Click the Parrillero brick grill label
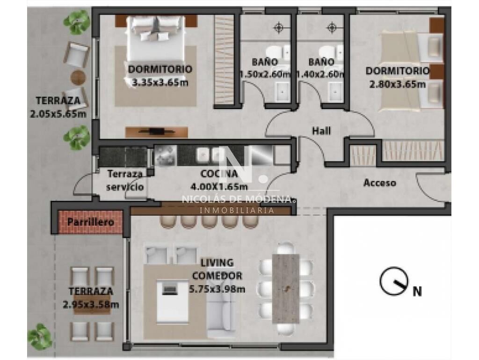pos(90,222)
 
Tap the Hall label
pos(321,131)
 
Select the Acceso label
pos(380,183)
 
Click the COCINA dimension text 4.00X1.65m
pos(219,186)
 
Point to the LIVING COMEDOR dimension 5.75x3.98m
pos(217,289)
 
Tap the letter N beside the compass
pos(417,291)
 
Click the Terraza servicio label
pos(125,180)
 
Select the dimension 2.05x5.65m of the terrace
pos(58,114)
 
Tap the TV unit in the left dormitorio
pos(156,132)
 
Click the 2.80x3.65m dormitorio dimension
pos(398,84)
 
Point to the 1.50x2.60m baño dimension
pos(265,74)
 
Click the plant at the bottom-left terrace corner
pos(40,337)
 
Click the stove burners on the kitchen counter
pos(165,155)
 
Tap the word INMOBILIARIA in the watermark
pos(237,210)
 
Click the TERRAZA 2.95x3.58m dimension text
pos(91,305)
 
